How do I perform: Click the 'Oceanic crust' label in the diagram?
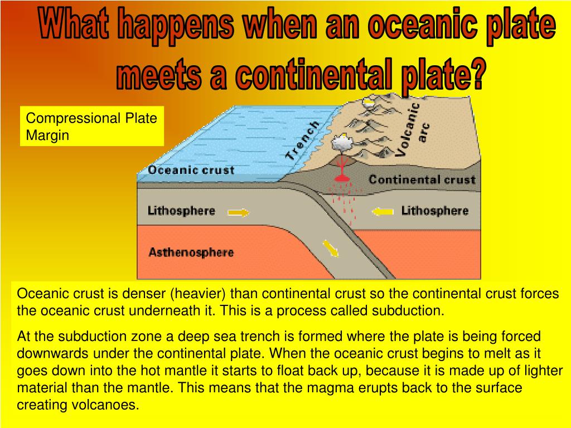pyautogui.click(x=191, y=171)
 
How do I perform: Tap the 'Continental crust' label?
pyautogui.click(x=422, y=179)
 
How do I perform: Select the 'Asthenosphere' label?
pyautogui.click(x=191, y=252)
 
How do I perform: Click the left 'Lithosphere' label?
pyautogui.click(x=181, y=211)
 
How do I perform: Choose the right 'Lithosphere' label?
pyautogui.click(x=435, y=211)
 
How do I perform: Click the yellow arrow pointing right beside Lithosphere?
pyautogui.click(x=238, y=212)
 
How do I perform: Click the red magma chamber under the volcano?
pyautogui.click(x=341, y=178)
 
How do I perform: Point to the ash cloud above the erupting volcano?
pyautogui.click(x=341, y=144)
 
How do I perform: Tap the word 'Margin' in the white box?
pyautogui.click(x=47, y=135)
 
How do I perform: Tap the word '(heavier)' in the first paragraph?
pyautogui.click(x=198, y=294)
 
